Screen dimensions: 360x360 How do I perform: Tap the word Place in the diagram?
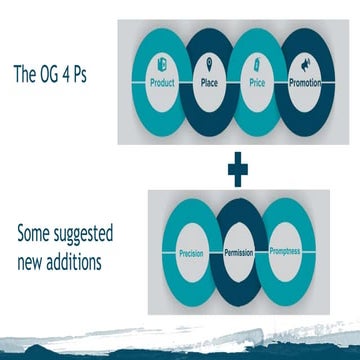pyautogui.click(x=209, y=84)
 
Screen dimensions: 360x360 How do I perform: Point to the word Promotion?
pyautogui.click(x=306, y=83)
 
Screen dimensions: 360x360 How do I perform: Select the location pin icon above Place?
pyautogui.click(x=208, y=67)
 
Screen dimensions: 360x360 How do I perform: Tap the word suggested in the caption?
pyautogui.click(x=89, y=237)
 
